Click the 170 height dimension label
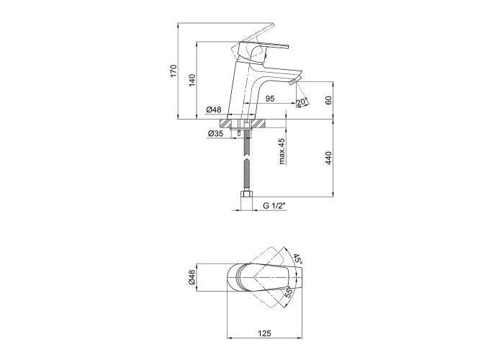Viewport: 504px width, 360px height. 174,71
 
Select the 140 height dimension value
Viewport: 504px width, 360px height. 192,80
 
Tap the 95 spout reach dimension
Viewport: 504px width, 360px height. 270,99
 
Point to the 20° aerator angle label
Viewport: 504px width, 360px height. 302,102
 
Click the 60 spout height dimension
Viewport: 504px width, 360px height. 328,100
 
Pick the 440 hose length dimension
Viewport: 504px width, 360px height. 328,158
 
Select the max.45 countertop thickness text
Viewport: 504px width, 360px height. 282,151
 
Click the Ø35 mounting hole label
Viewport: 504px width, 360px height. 215,133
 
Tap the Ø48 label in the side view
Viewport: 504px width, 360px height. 214,109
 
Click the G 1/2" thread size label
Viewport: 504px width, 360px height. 274,206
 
